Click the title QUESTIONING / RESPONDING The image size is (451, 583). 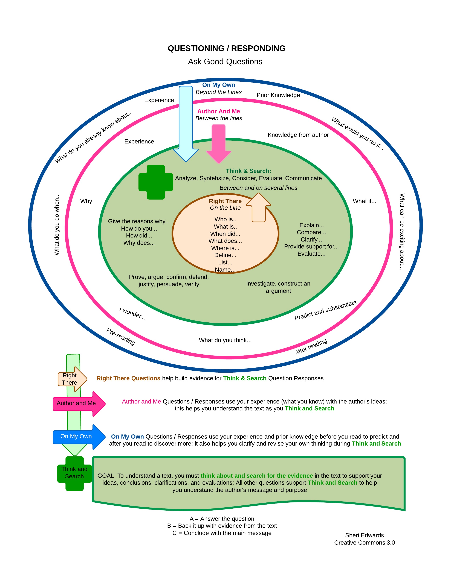point(226,48)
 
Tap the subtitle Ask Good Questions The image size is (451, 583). point(225,62)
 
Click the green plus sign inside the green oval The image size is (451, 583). point(156,182)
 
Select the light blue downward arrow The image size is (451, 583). point(186,123)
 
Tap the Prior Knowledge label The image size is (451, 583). point(278,95)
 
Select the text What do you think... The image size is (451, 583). point(225,340)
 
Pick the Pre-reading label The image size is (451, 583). point(121,337)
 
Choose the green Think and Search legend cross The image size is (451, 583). point(74,473)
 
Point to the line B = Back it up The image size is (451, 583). point(222,526)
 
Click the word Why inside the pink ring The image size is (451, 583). point(86,201)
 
